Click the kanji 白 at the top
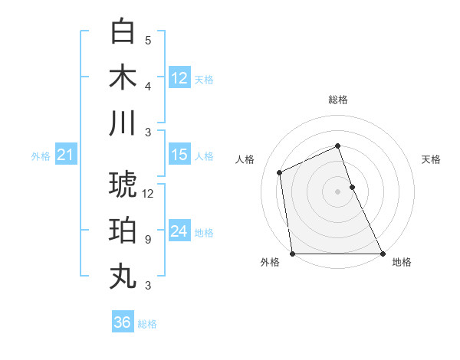123,32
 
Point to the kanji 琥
123,185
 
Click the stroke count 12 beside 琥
148,195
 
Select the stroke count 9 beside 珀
148,240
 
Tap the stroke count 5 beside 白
148,41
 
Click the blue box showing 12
179,77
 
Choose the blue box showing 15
179,155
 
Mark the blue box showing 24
179,231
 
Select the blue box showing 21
65,155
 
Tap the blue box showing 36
123,322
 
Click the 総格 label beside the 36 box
148,324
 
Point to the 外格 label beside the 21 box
41,156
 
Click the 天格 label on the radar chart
432,159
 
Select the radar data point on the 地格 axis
383,254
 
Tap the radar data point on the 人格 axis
280,172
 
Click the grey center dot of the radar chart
337,191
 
